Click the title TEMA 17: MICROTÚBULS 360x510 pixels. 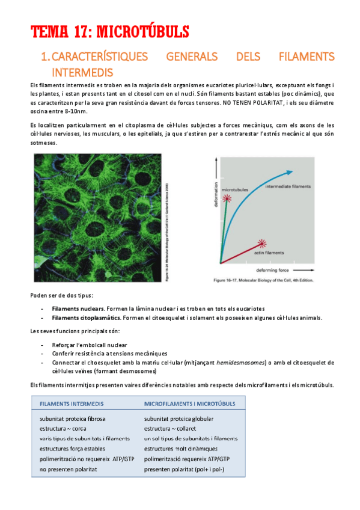(110, 31)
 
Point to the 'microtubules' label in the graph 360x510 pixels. (236, 189)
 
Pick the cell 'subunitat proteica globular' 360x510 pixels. (178, 419)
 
